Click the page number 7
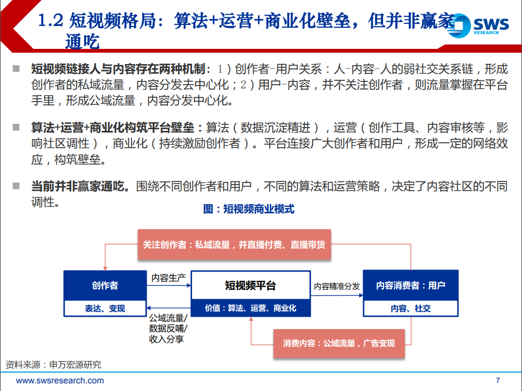pyautogui.click(x=498, y=380)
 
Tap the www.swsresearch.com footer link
pyautogui.click(x=60, y=380)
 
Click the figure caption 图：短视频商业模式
pyautogui.click(x=249, y=209)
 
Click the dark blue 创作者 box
pyautogui.click(x=105, y=285)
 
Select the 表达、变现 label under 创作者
pyautogui.click(x=105, y=308)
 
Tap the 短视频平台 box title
pyautogui.click(x=250, y=285)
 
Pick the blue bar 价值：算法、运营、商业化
pyautogui.click(x=250, y=308)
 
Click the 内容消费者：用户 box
pyautogui.click(x=410, y=285)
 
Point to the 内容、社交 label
pyautogui.click(x=410, y=308)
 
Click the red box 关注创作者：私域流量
pyautogui.click(x=234, y=244)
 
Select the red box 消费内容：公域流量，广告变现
pyautogui.click(x=339, y=343)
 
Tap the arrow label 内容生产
pyautogui.click(x=168, y=278)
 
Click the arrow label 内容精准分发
pyautogui.click(x=336, y=286)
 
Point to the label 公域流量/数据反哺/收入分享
pyautogui.click(x=167, y=329)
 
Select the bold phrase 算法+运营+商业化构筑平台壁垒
pyautogui.click(x=117, y=128)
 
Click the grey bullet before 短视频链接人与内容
pyautogui.click(x=16, y=69)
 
